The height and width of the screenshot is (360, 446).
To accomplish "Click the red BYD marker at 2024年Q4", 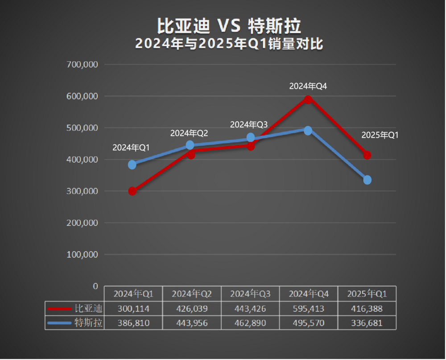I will (308, 99).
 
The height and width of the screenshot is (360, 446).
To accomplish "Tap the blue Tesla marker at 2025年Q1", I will (367, 180).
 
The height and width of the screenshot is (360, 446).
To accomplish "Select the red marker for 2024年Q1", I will (132, 191).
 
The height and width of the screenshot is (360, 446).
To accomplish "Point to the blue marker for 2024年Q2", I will (190, 145).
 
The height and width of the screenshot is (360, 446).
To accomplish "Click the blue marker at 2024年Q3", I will (251, 137).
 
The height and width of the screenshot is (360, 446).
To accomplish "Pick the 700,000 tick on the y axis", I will (82, 64).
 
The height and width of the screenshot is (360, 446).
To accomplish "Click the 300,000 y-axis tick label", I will (82, 191).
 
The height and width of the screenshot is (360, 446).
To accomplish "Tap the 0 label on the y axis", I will (95, 286).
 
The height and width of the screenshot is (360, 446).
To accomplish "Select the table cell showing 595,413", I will (309, 308).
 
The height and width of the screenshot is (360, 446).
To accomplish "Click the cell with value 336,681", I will (367, 323).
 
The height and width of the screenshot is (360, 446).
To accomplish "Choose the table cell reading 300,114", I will (133, 308).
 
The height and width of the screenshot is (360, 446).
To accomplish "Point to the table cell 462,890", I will (250, 323).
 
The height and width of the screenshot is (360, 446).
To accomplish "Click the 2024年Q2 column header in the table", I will (192, 294).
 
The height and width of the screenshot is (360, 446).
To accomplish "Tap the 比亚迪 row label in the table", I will (88, 308).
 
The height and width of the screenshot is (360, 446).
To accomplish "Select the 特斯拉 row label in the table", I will (88, 323).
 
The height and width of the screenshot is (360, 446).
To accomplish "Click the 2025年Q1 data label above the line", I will (380, 135).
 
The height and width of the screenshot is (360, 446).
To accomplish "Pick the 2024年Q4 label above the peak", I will (308, 87).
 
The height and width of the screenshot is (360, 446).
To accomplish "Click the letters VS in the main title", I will (228, 26).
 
